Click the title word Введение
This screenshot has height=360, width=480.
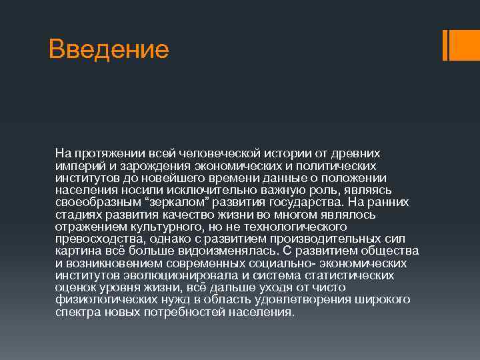[109, 49]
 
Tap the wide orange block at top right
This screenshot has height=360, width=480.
[461, 45]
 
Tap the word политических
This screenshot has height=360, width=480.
[339, 165]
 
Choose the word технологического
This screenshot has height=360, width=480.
[289, 227]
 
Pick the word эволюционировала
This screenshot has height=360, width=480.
[173, 275]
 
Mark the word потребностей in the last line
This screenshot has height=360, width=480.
[201, 312]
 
